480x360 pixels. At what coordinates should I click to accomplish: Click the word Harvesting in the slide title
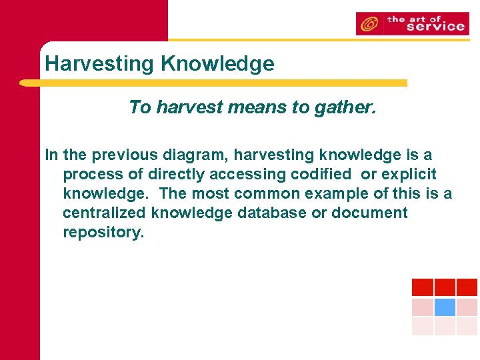click(100, 64)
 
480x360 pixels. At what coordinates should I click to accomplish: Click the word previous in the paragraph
click(124, 155)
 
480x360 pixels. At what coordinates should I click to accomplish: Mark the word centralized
click(105, 213)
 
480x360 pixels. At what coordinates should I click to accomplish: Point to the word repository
click(103, 233)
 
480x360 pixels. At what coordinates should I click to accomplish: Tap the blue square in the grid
click(445, 307)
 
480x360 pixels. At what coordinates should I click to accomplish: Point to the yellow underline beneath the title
click(213, 83)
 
